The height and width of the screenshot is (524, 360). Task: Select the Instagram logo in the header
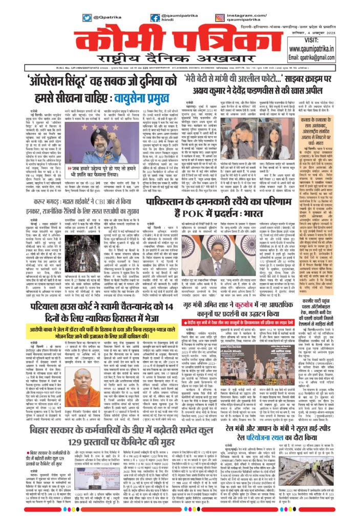pyautogui.click(x=248, y=17)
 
